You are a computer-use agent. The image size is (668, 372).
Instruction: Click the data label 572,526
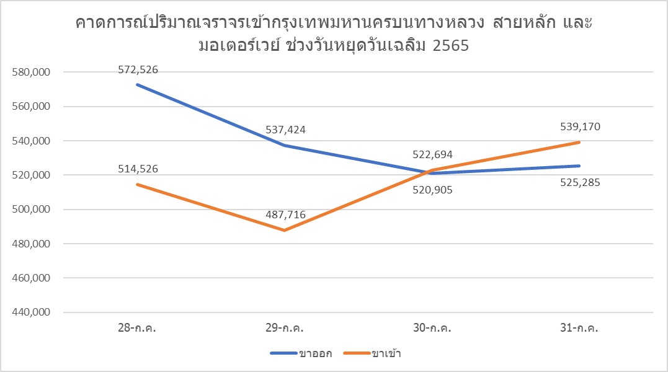(x=138, y=70)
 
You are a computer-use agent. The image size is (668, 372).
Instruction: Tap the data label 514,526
(x=138, y=169)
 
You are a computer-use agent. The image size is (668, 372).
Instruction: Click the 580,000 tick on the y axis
(x=30, y=73)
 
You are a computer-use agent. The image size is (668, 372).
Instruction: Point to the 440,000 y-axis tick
(x=30, y=313)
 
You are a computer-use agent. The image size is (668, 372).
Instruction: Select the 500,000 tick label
(x=30, y=210)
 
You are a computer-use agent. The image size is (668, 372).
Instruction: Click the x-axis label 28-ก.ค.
(x=138, y=329)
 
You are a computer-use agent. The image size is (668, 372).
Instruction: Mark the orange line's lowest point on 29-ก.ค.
(x=285, y=231)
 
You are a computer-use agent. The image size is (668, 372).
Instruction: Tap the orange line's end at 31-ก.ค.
(x=579, y=142)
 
